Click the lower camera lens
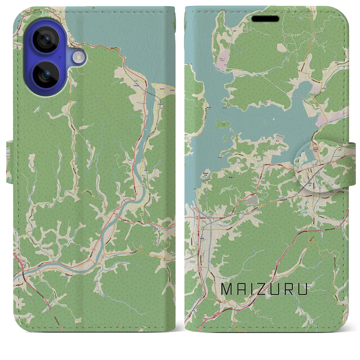tap(45, 75)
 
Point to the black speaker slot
tap(265, 19)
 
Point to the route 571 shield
tap(143, 161)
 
